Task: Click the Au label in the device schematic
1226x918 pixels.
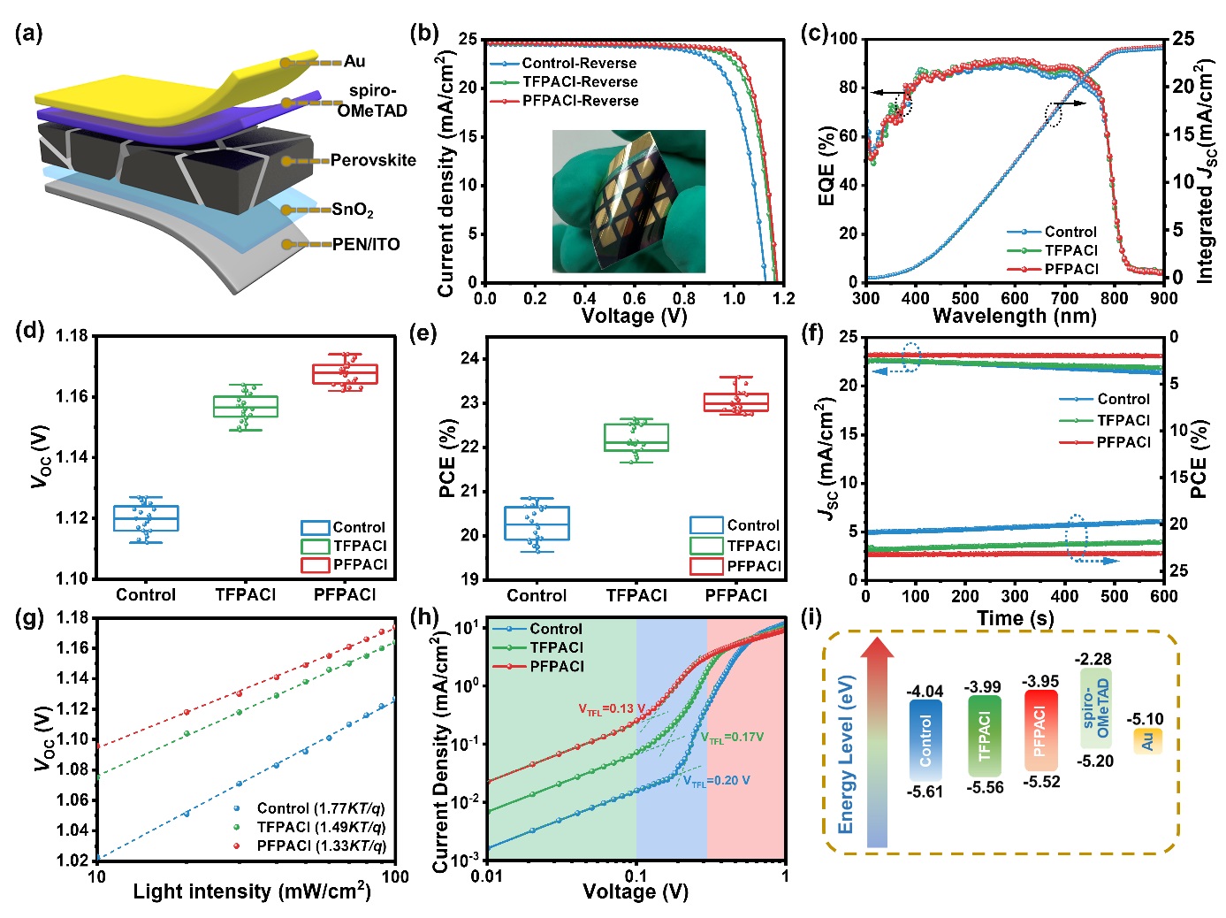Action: [x=354, y=61]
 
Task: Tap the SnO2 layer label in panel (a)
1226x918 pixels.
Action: [x=353, y=210]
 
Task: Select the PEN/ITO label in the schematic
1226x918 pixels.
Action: [x=366, y=244]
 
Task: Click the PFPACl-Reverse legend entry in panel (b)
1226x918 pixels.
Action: [x=580, y=101]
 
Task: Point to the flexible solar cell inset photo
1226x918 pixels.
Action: [x=628, y=201]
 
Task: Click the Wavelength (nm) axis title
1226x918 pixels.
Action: [x=1014, y=316]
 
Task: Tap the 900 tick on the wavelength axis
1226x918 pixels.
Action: [x=1163, y=298]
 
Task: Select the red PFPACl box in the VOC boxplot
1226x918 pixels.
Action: [x=345, y=374]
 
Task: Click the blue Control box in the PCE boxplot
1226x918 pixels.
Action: [x=537, y=523]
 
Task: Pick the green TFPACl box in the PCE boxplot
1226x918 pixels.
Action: [x=636, y=438]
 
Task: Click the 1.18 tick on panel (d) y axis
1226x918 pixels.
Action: [x=72, y=336]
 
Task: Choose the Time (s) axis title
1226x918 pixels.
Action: [x=1015, y=618]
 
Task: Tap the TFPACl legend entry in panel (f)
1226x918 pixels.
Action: [x=1123, y=421]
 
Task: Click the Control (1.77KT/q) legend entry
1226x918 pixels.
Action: [x=320, y=808]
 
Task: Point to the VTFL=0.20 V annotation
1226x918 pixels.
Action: [x=716, y=781]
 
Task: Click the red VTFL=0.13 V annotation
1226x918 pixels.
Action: [x=612, y=709]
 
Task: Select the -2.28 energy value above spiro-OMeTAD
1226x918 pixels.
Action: [x=1093, y=660]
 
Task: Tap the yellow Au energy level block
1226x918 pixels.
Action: [x=1146, y=741]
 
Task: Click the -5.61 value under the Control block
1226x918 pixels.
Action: [x=925, y=792]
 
